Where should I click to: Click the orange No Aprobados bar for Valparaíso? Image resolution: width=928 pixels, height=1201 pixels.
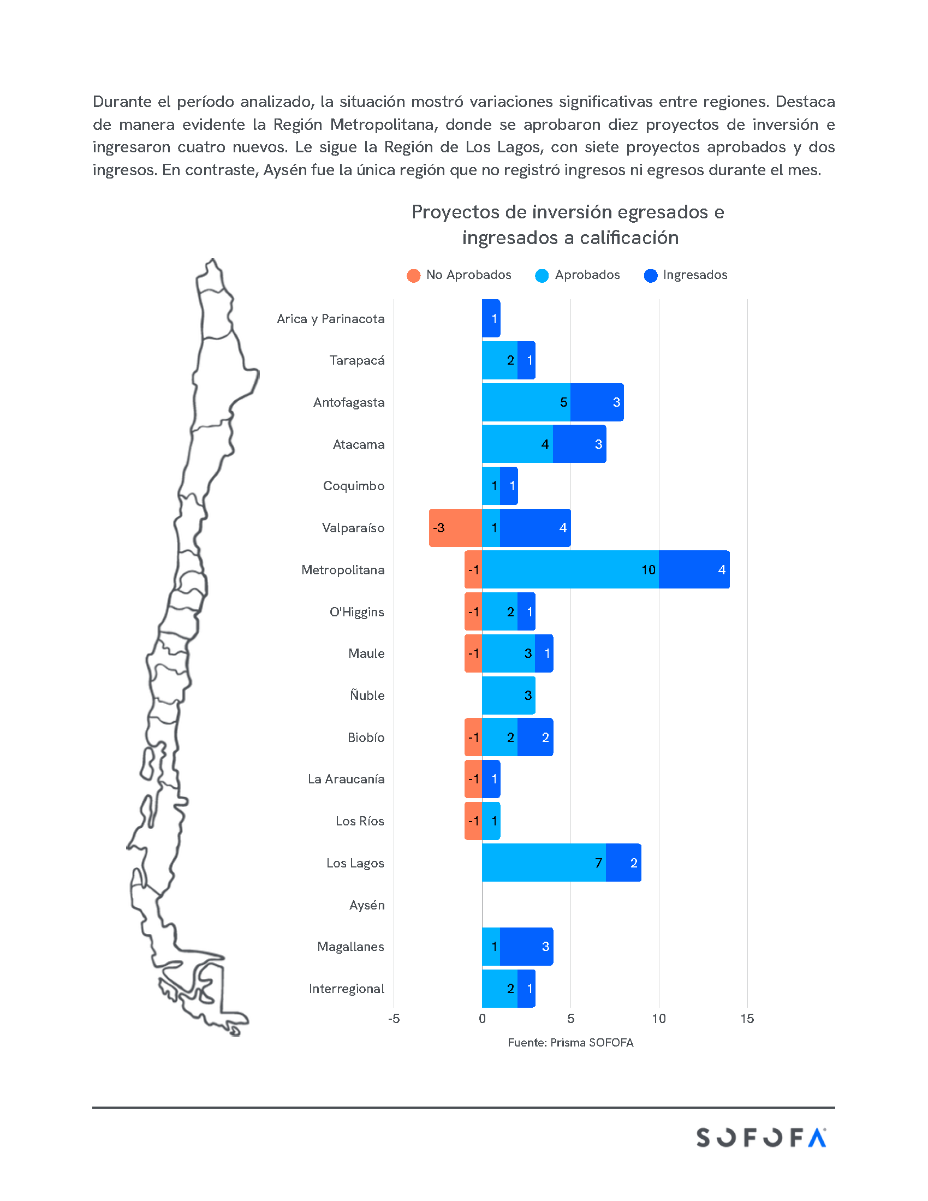click(x=455, y=528)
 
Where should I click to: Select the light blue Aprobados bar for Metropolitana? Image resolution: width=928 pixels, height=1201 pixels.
click(x=570, y=570)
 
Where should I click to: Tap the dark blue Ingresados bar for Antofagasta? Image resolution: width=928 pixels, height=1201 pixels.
click(x=597, y=402)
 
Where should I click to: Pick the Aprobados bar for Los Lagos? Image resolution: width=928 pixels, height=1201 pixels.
click(x=544, y=863)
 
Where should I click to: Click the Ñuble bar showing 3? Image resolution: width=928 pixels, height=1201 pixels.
click(x=509, y=695)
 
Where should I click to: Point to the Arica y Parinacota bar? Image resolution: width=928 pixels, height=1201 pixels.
click(x=491, y=318)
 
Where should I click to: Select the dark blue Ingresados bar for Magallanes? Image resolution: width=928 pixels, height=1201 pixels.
click(x=526, y=947)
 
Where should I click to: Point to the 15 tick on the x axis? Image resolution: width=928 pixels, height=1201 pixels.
click(x=747, y=1019)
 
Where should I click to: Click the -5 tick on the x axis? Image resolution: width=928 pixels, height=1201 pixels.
click(x=394, y=1019)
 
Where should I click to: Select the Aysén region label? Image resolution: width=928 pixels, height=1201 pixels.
click(x=367, y=905)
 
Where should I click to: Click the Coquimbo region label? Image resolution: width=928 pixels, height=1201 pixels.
click(x=354, y=486)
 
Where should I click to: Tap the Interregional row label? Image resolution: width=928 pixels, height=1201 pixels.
click(x=346, y=989)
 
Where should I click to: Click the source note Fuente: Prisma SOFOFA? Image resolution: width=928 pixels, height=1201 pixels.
click(x=570, y=1043)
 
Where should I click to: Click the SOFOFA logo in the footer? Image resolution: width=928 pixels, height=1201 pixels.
click(x=761, y=1138)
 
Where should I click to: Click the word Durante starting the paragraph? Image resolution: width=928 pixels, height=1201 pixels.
click(x=122, y=102)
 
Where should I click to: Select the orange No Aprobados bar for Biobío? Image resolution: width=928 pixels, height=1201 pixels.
click(x=473, y=738)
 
